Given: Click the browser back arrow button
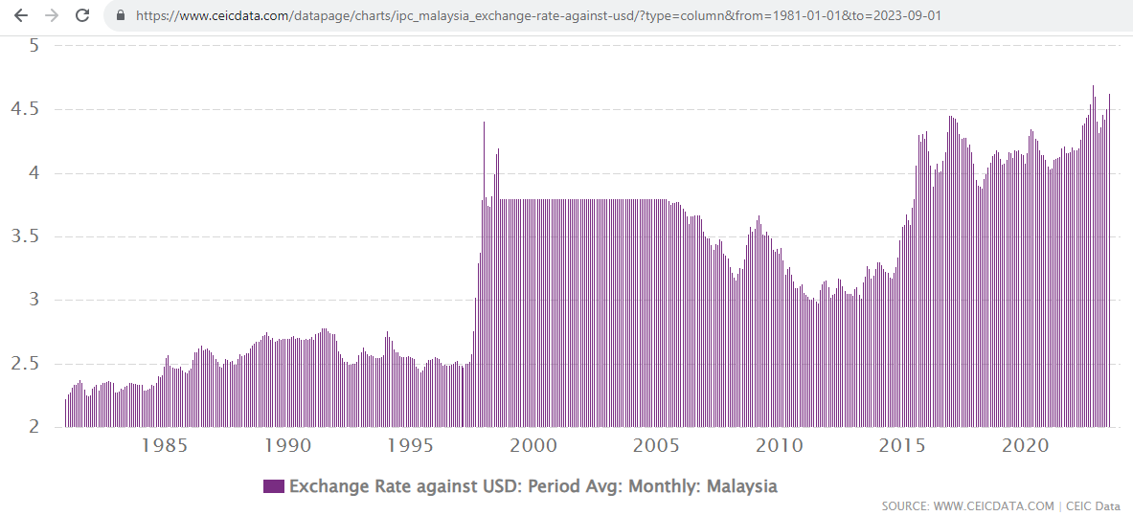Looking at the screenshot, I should point(21,16).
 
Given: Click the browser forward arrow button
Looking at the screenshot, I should point(52,16).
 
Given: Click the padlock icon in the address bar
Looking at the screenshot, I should point(120,16).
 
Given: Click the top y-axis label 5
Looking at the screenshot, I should point(33,46).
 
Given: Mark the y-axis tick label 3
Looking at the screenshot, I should point(33,300).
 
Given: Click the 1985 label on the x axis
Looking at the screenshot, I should point(164,446).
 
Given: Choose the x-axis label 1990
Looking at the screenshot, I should point(287,446).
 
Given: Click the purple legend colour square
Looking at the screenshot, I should point(274,486).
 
